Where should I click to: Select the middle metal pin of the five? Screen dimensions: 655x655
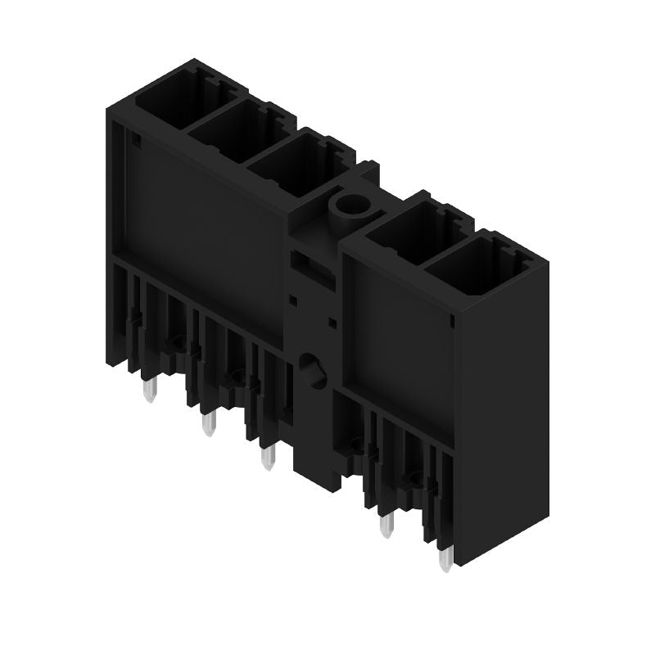coord(266,457)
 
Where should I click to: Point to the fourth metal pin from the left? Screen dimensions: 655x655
coord(386,525)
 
